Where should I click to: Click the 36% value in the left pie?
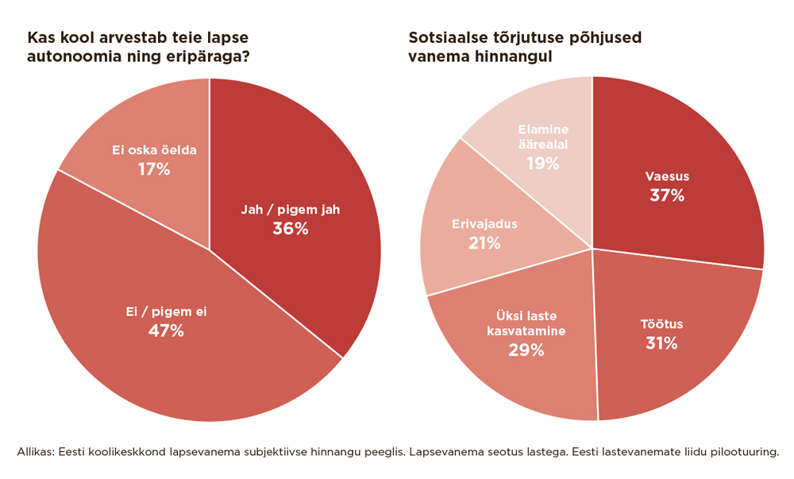point(290,229)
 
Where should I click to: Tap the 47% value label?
point(166,330)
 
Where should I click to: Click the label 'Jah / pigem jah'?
point(290,210)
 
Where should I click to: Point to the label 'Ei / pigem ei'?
point(166,311)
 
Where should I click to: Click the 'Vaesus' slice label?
point(666,176)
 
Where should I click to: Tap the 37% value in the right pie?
point(666,195)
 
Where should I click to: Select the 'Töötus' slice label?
point(661,324)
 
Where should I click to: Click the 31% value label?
point(661,343)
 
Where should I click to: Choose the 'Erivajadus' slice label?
point(484,224)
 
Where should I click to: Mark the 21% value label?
point(484,243)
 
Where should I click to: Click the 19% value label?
point(543,164)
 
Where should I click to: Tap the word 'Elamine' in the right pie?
point(543,129)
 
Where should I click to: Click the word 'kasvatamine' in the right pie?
point(526,330)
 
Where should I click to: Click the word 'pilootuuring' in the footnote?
point(742,451)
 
